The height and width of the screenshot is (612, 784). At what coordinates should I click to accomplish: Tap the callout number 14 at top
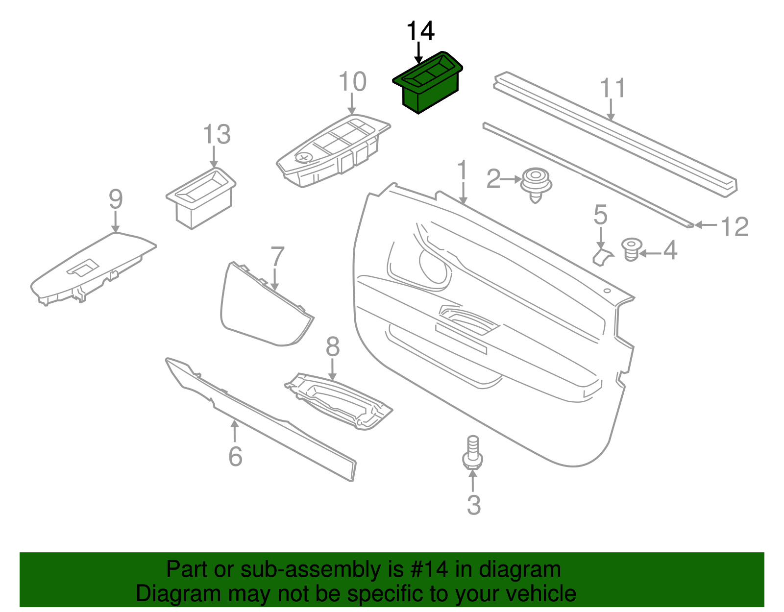[x=420, y=31]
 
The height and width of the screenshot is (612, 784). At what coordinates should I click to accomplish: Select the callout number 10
[x=352, y=82]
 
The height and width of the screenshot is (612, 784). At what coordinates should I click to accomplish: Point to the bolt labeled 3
[x=473, y=453]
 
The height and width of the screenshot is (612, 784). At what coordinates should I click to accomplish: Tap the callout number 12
[x=735, y=227]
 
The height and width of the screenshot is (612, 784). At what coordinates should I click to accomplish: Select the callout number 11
[x=613, y=88]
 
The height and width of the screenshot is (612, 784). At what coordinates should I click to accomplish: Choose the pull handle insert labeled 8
[x=338, y=399]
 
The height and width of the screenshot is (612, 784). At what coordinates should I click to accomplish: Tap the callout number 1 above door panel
[x=462, y=171]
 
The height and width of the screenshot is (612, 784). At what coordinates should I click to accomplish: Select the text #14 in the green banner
[x=426, y=569]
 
